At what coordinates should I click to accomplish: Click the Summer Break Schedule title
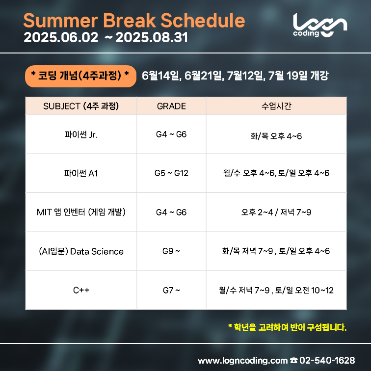pos(134,20)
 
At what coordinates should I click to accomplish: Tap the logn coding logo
pos(320,25)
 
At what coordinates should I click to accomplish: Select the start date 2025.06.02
pos(61,37)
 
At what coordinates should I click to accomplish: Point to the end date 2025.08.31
pos(152,37)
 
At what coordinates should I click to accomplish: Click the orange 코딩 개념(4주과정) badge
pos(80,76)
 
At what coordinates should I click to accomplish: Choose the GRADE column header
pos(171,106)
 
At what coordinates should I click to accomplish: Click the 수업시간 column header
pos(276,106)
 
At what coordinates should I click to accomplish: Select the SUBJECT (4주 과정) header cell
pos(81,106)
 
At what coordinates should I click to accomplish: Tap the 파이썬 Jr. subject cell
pos(81,134)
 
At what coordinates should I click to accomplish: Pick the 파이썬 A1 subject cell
pos(81,173)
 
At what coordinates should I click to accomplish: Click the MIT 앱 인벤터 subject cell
pos(81,212)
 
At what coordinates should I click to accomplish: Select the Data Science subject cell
pos(81,251)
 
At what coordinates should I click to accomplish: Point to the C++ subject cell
pos(81,290)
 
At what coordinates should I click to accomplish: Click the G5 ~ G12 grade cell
pos(171,173)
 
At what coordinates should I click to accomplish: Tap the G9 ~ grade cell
pos(171,251)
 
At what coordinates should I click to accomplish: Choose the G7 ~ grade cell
pos(171,290)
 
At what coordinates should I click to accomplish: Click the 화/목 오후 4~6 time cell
pos(276,136)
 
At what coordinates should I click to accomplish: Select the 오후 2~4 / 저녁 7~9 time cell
pos(276,212)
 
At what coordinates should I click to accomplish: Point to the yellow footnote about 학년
pos(287,327)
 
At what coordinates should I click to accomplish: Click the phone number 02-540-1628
pos(327,360)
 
